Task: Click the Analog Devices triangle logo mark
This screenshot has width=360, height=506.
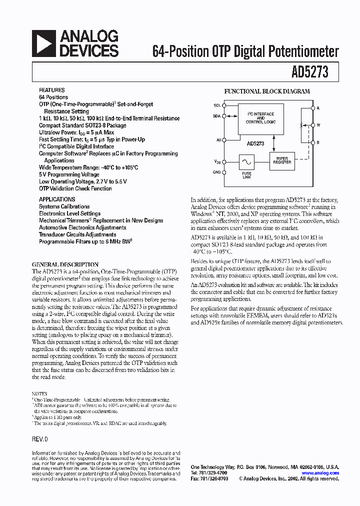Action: point(44,43)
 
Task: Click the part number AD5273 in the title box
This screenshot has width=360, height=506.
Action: point(309,72)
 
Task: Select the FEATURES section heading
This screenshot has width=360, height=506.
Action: point(52,90)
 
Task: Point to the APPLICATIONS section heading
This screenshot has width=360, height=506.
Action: point(57,199)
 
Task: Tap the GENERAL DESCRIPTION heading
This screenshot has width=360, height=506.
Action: point(65,264)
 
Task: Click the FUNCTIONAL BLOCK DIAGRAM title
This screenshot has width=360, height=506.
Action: point(266,91)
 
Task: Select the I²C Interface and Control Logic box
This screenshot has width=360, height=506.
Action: point(261,119)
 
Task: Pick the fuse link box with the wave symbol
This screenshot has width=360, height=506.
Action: point(246,162)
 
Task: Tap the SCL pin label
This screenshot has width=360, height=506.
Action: point(217,105)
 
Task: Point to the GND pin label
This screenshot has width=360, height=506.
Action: point(216,171)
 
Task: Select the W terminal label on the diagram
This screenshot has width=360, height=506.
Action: point(318,125)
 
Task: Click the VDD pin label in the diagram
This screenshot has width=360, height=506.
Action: point(217,162)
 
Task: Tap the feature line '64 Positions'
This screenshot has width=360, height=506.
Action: point(53,97)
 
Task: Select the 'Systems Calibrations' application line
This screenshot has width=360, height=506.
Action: point(64,206)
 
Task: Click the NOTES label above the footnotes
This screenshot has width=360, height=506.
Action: point(39,394)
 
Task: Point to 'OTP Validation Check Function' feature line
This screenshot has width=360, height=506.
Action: point(75,188)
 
